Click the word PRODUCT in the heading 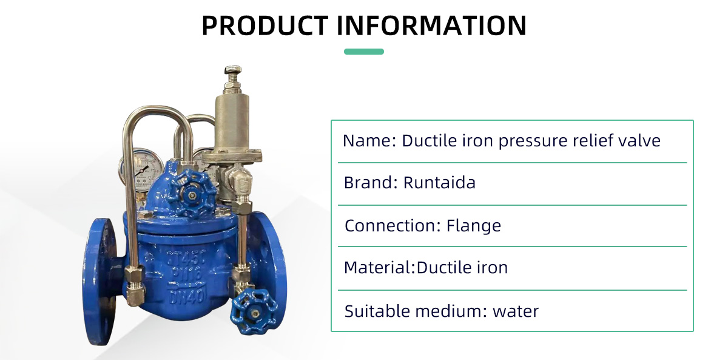[265, 25]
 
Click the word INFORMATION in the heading [431, 25]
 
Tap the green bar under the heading [363, 52]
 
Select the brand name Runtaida [439, 183]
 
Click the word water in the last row [516, 311]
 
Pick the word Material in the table [377, 268]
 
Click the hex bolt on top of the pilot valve [233, 70]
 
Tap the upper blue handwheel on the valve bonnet [192, 194]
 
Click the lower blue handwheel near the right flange [254, 312]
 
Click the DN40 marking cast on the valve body [187, 297]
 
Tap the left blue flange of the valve [99, 282]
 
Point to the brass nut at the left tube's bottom [135, 285]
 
